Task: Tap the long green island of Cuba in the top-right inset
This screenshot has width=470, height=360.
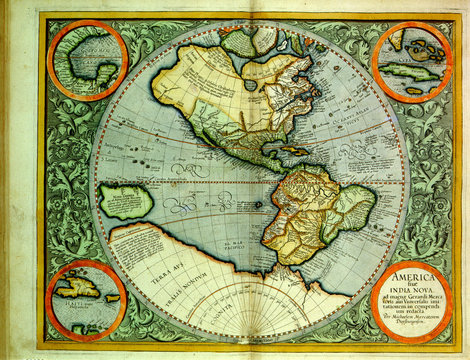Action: point(412,72)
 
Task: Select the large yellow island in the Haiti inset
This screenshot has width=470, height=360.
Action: point(79,293)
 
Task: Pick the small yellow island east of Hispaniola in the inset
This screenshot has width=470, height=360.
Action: point(112,297)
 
